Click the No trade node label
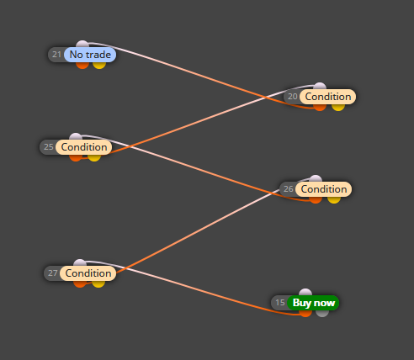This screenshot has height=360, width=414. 90,55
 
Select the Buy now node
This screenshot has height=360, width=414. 313,303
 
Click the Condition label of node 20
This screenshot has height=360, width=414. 328,97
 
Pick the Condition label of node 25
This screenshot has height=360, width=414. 84,147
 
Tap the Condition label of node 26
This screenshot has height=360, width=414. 324,189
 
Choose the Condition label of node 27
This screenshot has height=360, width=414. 88,273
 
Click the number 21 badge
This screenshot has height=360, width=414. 56,55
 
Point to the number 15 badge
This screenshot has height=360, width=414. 280,303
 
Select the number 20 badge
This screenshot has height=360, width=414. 292,97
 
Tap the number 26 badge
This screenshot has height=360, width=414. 288,189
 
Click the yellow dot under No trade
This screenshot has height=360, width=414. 99,65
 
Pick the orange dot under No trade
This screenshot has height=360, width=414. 82,65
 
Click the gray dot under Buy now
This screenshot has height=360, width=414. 322,313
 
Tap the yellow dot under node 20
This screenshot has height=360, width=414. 338,107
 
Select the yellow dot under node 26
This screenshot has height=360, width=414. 334,199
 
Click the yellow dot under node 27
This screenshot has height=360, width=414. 98,283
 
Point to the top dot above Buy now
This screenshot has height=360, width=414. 305,293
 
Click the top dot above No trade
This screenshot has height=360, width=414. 82,45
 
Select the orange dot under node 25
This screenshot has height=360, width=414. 76,157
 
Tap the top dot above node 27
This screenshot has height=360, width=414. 80,263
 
